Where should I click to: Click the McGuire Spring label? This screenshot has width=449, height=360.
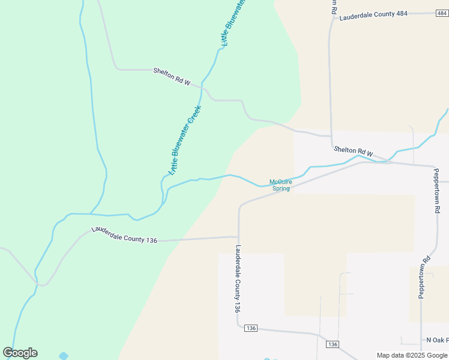[280, 185]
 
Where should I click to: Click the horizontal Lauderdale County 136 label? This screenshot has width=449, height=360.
[124, 235]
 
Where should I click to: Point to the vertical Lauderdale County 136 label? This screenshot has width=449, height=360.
[238, 278]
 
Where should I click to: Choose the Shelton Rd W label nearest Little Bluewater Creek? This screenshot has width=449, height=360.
[171, 77]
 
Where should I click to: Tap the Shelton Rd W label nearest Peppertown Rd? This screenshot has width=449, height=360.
[354, 152]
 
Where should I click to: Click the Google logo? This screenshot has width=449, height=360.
[20, 353]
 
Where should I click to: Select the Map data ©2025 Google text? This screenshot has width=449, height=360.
[412, 355]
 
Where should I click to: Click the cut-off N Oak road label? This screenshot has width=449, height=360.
[437, 340]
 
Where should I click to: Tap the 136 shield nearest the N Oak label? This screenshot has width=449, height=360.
[333, 344]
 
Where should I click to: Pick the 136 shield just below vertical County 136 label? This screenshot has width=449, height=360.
[251, 328]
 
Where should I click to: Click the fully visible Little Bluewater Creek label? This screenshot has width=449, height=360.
[184, 140]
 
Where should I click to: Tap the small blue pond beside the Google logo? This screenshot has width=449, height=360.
[64, 356]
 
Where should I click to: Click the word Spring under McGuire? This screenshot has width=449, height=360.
[281, 188]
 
